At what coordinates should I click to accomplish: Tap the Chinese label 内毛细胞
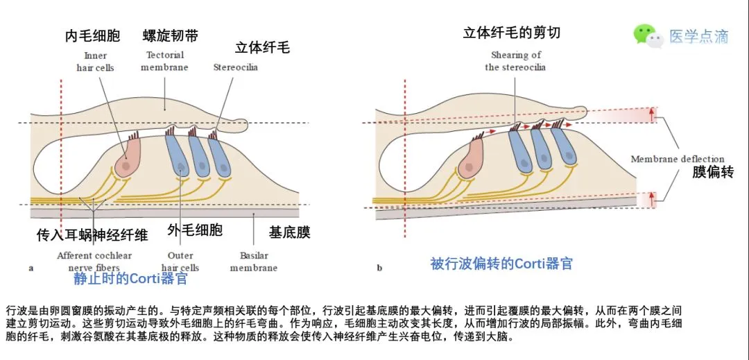click(92, 35)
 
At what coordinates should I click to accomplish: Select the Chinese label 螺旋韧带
click(170, 35)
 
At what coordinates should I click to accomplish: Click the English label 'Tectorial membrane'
click(164, 61)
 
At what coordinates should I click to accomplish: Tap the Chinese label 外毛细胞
click(195, 230)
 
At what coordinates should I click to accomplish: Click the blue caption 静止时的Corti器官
click(130, 279)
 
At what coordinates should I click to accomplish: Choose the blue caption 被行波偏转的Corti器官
click(501, 264)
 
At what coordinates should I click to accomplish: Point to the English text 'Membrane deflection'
click(677, 159)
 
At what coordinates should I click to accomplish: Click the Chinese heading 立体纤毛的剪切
click(512, 32)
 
